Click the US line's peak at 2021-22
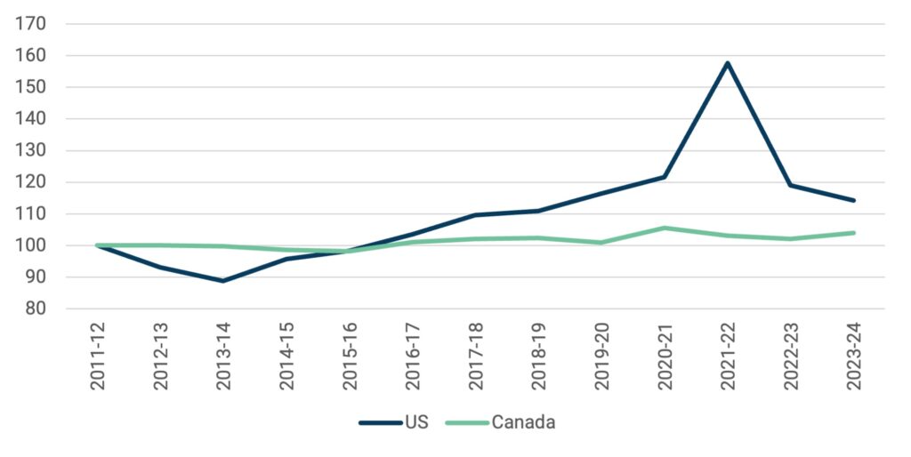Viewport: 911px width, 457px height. (x=727, y=63)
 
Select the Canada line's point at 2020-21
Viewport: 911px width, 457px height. (x=664, y=228)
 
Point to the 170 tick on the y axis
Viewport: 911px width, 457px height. (x=32, y=24)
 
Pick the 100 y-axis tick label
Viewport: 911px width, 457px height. (x=32, y=245)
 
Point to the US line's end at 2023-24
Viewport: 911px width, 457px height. (x=854, y=200)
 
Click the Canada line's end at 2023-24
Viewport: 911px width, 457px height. (x=854, y=233)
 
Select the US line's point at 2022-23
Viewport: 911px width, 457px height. (x=790, y=185)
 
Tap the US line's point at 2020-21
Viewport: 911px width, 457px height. (x=664, y=177)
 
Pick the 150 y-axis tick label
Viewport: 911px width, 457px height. (x=32, y=87)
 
